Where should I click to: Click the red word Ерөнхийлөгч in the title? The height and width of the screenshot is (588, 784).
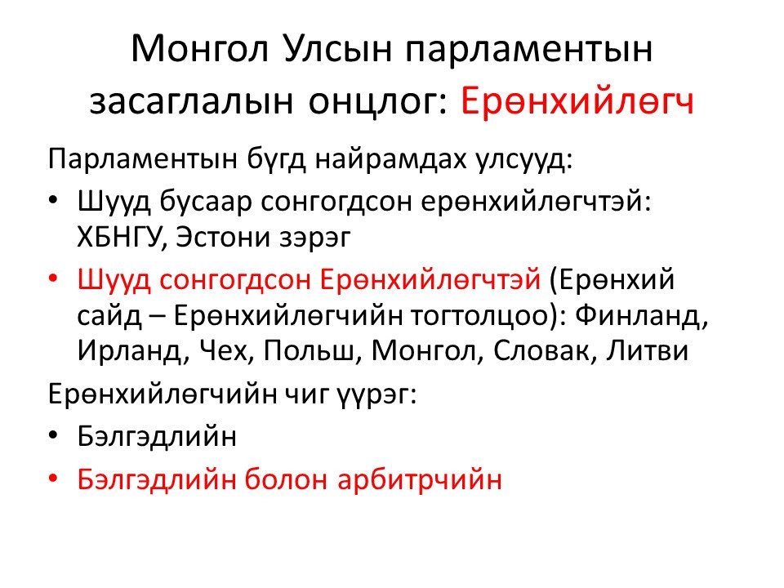[577, 101]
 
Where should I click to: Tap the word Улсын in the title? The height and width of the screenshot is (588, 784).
[338, 49]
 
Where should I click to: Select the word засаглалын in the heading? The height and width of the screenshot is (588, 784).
[191, 102]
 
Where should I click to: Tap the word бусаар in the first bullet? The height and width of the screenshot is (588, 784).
[206, 202]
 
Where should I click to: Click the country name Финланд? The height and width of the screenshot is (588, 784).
[642, 315]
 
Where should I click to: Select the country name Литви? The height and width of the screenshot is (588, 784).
[648, 350]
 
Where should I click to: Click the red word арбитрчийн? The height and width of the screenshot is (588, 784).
[420, 480]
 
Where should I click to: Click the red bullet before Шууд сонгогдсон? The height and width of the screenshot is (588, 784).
[54, 278]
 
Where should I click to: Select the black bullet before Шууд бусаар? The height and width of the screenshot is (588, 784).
[54, 201]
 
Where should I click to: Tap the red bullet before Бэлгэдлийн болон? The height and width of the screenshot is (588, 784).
[54, 479]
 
